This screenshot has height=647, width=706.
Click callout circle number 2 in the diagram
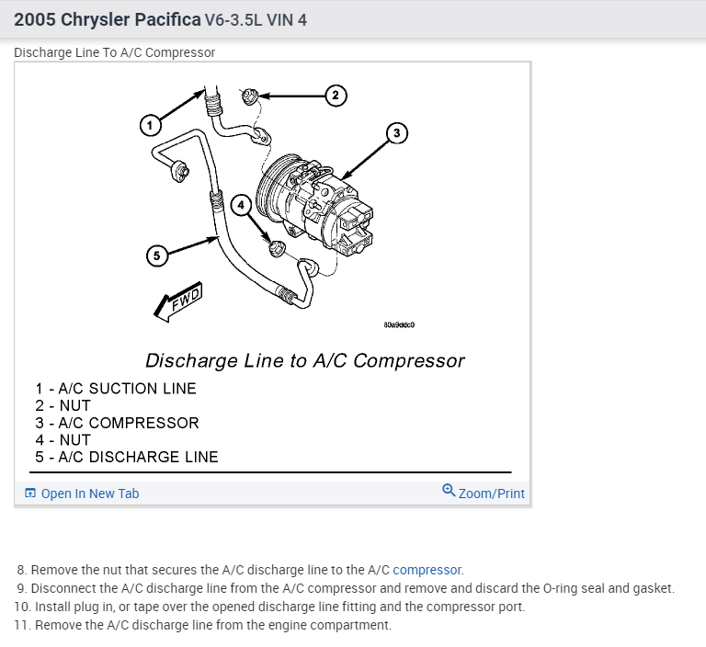click(x=336, y=95)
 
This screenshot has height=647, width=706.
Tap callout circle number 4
click(x=241, y=206)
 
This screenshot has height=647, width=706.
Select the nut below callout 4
click(x=275, y=246)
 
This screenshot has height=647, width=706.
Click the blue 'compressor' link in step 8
click(x=427, y=570)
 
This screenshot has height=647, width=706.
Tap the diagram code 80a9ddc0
click(x=399, y=324)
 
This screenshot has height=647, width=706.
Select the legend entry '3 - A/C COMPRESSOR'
click(x=117, y=423)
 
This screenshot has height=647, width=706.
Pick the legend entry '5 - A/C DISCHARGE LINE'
click(x=127, y=457)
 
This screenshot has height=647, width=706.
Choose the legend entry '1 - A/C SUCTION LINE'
click(x=116, y=388)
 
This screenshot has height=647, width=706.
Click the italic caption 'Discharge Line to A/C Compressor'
click(x=305, y=360)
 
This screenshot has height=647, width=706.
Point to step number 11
click(x=21, y=625)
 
